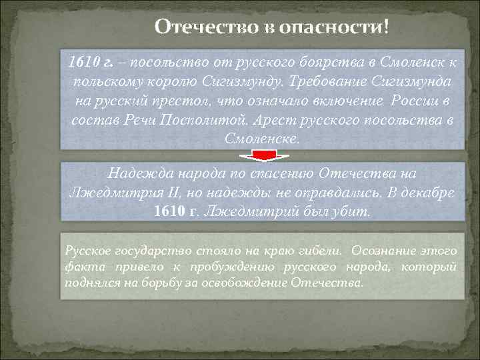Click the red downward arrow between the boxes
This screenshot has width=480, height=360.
coord(265,156)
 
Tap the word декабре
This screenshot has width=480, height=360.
coord(426,193)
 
